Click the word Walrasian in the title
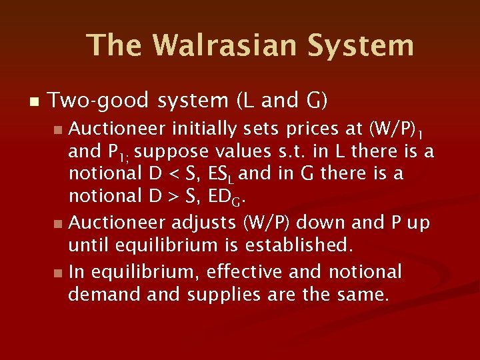click(225, 45)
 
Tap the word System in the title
click(361, 45)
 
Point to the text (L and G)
click(281, 101)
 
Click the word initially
click(203, 127)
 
